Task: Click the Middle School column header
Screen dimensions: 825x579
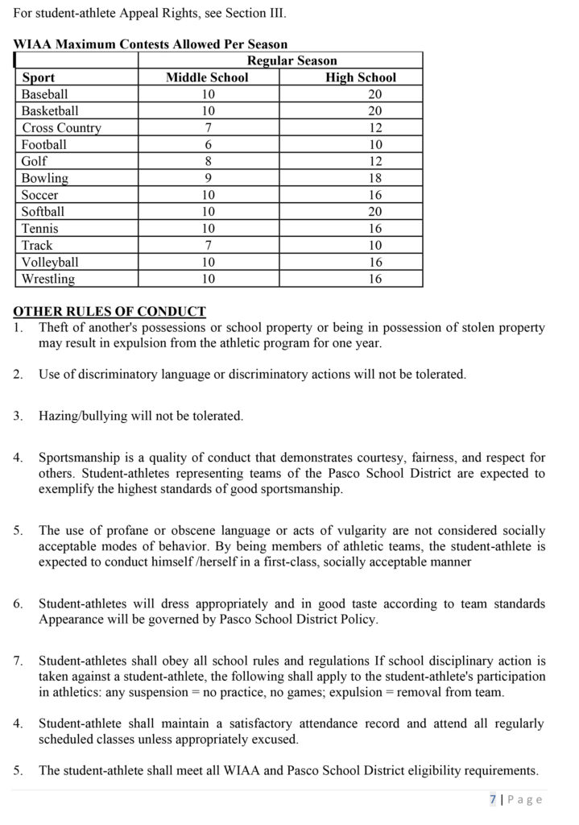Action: (207, 77)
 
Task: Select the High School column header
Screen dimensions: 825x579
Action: (361, 77)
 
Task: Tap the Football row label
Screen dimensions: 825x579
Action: (44, 145)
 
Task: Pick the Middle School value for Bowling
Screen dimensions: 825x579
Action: (207, 178)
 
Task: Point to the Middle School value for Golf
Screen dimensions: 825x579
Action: (207, 162)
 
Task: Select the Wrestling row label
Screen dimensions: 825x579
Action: (48, 279)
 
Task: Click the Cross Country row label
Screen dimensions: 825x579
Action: (62, 128)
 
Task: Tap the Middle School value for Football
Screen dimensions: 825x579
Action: (207, 145)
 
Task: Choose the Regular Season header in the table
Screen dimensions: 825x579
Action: (292, 60)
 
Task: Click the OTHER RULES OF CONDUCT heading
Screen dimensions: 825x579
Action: (110, 311)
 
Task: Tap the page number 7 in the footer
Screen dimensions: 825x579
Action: (492, 799)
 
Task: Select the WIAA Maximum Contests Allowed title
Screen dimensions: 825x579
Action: (151, 44)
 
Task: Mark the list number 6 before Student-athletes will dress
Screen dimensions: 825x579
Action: (18, 603)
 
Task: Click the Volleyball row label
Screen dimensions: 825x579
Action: (50, 262)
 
